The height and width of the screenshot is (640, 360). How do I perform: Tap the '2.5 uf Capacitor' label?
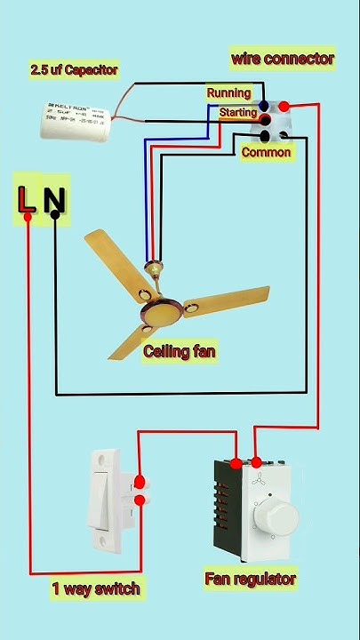(75, 69)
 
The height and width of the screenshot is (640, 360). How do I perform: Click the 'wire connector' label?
(283, 59)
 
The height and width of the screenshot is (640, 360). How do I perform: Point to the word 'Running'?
(229, 92)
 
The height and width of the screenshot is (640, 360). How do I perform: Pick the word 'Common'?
(266, 152)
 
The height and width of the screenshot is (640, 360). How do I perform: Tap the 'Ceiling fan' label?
(180, 351)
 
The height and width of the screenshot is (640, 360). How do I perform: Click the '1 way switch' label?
(96, 588)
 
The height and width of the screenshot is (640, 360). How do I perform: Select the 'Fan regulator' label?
(250, 579)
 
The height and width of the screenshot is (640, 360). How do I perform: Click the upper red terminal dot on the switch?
(140, 484)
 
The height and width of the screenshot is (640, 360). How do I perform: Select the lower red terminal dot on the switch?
(140, 500)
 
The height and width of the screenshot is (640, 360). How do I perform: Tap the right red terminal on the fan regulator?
(257, 463)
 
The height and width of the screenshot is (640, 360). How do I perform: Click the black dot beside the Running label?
(264, 107)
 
